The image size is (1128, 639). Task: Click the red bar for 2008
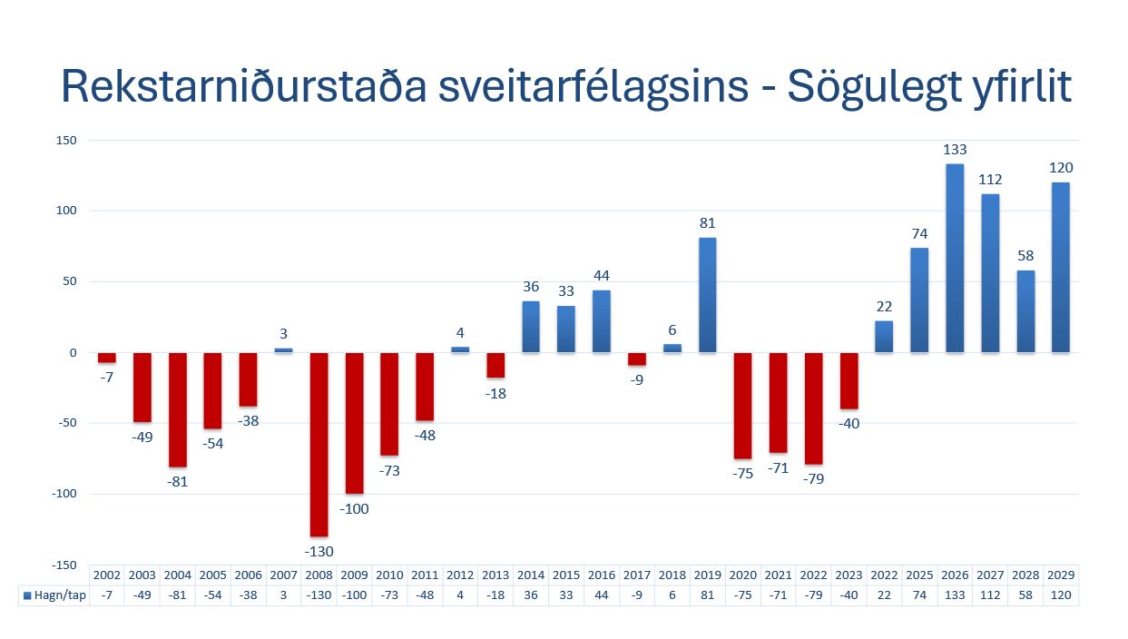[319, 444]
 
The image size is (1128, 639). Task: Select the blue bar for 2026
[955, 258]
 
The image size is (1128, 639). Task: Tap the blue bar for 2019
[707, 295]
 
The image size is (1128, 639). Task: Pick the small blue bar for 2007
[283, 349]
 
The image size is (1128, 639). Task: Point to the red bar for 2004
[177, 409]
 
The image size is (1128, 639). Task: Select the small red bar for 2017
[637, 359]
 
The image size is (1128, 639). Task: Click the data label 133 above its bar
[955, 150]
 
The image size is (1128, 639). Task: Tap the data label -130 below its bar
[319, 551]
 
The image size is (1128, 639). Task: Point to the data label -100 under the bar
[354, 508]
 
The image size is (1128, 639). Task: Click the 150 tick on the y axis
[65, 140]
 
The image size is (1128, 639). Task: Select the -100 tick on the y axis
[64, 494]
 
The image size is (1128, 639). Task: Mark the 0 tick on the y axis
[74, 352]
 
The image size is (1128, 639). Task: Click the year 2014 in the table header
[531, 575]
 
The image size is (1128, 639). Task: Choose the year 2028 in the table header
[1025, 575]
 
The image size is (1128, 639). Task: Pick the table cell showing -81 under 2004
[177, 595]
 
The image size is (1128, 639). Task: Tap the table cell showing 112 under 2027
[990, 595]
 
